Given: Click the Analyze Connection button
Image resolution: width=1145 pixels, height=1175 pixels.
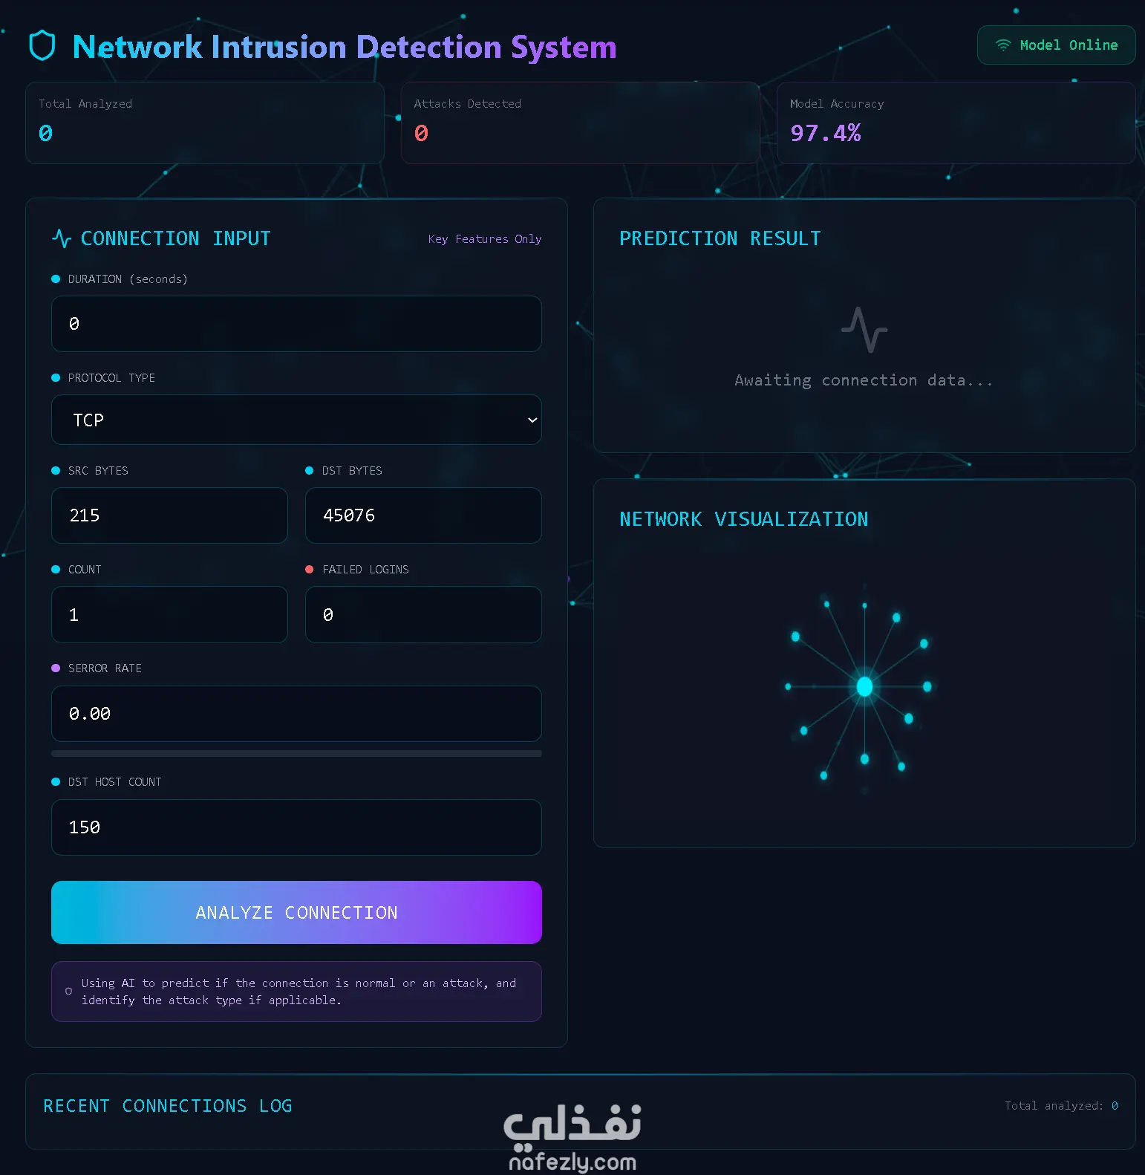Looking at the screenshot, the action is pos(296,912).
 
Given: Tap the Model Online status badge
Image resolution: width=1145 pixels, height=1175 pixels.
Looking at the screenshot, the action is pos(1056,45).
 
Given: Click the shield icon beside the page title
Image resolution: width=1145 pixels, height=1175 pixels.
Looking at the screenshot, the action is pos(42,46).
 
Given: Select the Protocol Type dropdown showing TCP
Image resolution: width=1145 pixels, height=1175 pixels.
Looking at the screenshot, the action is pos(296,420).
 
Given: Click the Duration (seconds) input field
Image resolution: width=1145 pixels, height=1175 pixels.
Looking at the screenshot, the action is pos(296,324).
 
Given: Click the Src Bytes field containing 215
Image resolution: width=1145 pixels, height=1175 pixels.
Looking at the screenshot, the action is pos(169,515).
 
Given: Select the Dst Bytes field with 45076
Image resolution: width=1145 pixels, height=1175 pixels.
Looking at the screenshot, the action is pos(423,515).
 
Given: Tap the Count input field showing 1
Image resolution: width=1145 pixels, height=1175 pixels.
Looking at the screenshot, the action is pos(169,614).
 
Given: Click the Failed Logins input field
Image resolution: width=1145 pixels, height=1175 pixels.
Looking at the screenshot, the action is pos(423,614).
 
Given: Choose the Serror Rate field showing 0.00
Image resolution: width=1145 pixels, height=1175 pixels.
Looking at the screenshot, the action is pos(296,714).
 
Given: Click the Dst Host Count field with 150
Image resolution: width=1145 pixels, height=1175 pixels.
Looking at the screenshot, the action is pos(296,827).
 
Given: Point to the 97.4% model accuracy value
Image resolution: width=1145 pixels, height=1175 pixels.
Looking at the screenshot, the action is pos(826,133).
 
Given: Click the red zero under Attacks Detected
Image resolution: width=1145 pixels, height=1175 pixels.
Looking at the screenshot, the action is pos(421,133).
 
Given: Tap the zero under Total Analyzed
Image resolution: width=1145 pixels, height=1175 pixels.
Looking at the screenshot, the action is pos(45,133).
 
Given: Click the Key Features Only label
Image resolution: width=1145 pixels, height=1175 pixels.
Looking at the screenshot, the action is pos(485,239).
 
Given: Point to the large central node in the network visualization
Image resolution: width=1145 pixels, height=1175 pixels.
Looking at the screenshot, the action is pos(864,686).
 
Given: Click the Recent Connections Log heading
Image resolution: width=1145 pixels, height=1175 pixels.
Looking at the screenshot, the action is pos(168,1106).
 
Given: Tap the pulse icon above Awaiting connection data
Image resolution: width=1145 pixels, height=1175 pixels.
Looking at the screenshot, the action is pos(864,330).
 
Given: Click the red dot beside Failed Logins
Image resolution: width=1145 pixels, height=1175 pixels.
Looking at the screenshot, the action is pos(310,570).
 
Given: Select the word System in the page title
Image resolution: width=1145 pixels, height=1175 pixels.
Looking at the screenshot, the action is pos(564,47).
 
